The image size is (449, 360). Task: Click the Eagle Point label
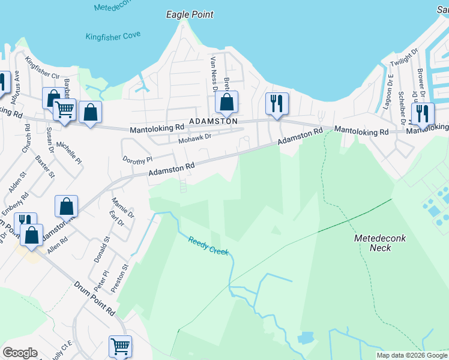[190, 14]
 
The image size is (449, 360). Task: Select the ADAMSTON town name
[213, 121]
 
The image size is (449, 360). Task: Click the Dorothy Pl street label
[138, 160]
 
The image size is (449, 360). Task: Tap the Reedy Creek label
[208, 247]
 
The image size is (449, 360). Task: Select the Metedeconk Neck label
[379, 243]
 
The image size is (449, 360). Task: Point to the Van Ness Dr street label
[213, 74]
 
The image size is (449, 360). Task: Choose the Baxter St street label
[44, 167]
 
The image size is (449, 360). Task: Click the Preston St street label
[125, 275]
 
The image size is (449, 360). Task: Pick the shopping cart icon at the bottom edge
[120, 346]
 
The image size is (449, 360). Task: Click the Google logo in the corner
[20, 353]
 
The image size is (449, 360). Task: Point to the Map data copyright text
[412, 356]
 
